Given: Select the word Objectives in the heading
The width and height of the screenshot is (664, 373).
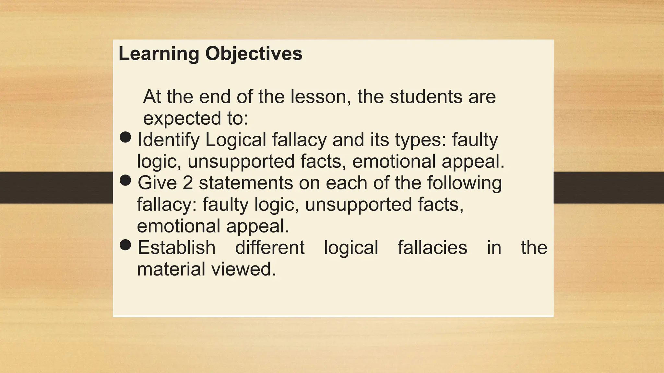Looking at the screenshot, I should (x=254, y=54).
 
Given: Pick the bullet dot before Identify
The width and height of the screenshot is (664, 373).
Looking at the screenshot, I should (x=125, y=137).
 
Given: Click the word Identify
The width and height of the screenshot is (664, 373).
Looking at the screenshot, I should (x=169, y=140).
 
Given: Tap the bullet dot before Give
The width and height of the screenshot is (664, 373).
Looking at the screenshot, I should (x=125, y=180).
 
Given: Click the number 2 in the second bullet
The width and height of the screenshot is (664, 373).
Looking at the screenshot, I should (x=188, y=183).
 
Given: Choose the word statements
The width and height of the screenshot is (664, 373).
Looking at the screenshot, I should (x=246, y=183).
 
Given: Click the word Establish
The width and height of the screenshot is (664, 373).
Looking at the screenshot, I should (x=177, y=248).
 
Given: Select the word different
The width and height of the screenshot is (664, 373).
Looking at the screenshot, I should (x=270, y=248).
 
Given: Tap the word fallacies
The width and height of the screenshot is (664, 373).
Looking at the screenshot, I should (x=433, y=248).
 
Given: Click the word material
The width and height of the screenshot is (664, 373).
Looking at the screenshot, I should (x=171, y=269).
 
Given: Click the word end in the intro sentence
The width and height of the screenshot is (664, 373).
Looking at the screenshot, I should (x=215, y=96).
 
